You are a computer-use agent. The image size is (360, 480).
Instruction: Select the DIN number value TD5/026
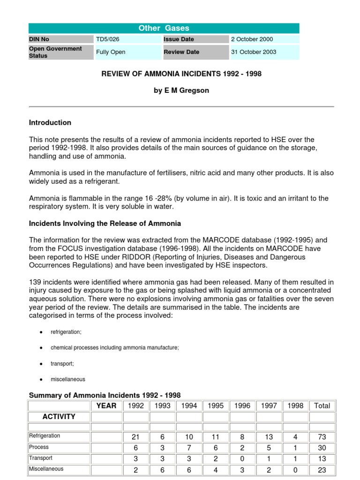[x=107, y=39]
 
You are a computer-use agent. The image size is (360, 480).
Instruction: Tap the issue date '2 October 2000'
[x=252, y=39]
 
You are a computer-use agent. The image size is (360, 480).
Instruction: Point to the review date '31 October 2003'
[x=253, y=52]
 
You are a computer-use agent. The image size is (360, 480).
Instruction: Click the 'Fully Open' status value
[x=111, y=52]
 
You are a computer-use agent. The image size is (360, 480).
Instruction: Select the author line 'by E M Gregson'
[x=181, y=90]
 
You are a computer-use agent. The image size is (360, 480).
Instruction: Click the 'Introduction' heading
[x=50, y=123]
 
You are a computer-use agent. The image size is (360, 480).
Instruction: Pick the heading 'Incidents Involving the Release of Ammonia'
[x=105, y=223]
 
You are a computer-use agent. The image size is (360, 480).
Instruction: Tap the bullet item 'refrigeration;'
[x=66, y=332]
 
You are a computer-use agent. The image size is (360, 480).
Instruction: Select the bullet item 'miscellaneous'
[x=68, y=379]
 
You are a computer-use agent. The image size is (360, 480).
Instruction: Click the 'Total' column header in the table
[x=322, y=406]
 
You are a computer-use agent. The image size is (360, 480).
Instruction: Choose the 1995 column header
[x=216, y=406]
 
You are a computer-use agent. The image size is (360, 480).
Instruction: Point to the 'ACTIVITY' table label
[x=59, y=417]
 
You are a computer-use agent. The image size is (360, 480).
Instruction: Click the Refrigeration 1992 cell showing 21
[x=135, y=437]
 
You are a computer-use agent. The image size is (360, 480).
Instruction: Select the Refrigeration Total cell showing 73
[x=322, y=437]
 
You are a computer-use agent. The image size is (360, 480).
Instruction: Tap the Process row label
[x=39, y=447]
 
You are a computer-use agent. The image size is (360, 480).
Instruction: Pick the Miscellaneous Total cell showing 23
[x=322, y=470]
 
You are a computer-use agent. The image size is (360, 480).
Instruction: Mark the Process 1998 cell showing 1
[x=295, y=448]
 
